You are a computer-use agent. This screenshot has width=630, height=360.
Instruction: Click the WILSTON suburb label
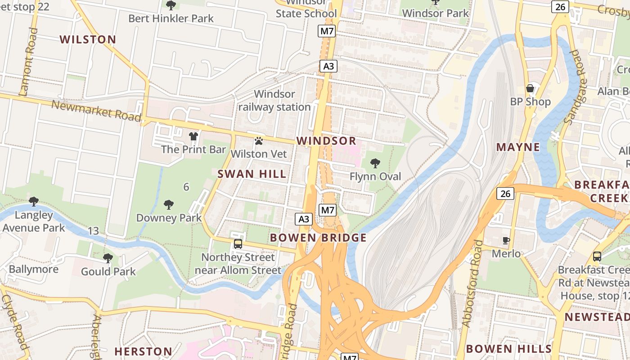coord(88,40)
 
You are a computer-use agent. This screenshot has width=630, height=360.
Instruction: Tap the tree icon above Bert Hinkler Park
coord(171,5)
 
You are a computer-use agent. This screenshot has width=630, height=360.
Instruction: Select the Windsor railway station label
coord(274,100)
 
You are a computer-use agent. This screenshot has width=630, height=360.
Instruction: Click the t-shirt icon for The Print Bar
coord(193,136)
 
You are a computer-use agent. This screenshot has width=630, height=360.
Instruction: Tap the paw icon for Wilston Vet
coord(258,141)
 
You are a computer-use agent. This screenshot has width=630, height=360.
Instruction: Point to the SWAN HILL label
coord(252,174)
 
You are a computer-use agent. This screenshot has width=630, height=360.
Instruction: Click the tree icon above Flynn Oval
coord(375,163)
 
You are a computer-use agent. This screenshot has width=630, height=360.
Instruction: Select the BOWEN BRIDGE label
coord(318,238)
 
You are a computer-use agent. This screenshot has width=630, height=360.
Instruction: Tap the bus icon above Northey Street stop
coord(238,244)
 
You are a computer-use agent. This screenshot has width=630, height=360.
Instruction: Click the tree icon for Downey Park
coord(169,205)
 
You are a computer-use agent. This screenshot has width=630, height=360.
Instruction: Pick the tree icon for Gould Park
coord(108,258)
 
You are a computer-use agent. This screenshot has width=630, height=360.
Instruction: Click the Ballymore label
coord(34,270)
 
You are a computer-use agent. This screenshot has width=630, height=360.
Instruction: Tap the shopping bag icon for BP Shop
coord(530,88)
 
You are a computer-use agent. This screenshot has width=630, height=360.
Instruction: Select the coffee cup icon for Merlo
coord(506,240)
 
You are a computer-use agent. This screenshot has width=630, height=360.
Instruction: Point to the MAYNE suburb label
coord(518,147)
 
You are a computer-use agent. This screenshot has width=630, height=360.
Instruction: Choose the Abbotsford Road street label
coord(472,283)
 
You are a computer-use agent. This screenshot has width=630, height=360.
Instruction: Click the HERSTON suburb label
coord(143,351)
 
